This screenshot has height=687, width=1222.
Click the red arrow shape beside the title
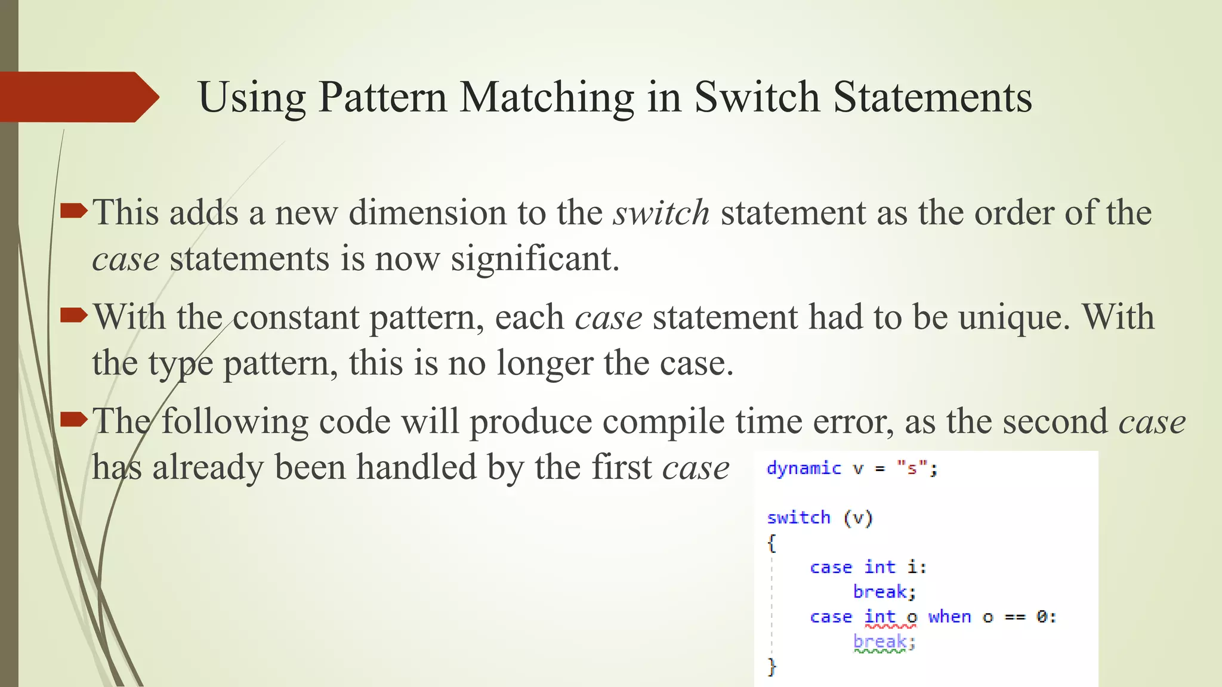[78, 97]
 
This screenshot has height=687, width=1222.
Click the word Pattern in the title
[382, 97]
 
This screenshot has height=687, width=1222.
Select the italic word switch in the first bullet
[661, 212]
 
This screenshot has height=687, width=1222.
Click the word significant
[535, 259]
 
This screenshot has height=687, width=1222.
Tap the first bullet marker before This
[74, 211]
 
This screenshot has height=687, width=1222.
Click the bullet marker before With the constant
[74, 315]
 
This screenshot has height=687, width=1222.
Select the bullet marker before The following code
[74, 420]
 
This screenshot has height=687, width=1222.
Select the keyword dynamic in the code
[804, 469]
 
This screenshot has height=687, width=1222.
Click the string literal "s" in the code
[912, 469]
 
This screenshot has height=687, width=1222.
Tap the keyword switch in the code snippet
[798, 518]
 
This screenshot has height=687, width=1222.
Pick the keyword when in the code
[949, 617]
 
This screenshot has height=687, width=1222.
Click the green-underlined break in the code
[880, 642]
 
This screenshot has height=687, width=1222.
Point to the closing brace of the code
[772, 666]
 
